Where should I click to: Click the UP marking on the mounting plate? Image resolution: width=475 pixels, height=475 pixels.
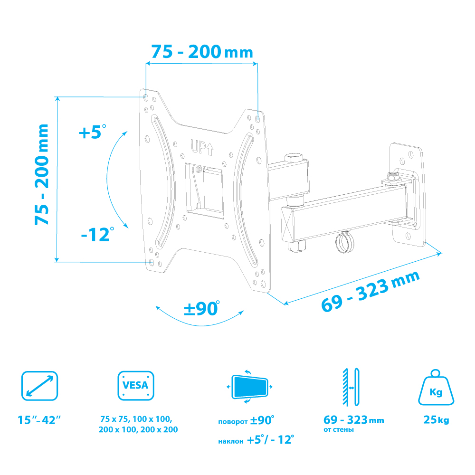pos(202,148)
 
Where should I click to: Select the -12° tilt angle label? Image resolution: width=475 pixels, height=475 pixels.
pos(97,235)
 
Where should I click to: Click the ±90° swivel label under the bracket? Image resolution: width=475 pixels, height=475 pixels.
pos(202,308)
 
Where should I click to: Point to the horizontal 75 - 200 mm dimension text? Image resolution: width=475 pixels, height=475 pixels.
pos(202,52)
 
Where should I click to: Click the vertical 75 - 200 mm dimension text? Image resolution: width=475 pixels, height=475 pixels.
pos(41,174)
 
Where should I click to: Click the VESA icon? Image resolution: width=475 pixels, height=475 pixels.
pos(136,386)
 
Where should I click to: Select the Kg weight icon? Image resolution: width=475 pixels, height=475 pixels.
pos(436,388)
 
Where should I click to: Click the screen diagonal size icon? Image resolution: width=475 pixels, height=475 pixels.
pos(40,386)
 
